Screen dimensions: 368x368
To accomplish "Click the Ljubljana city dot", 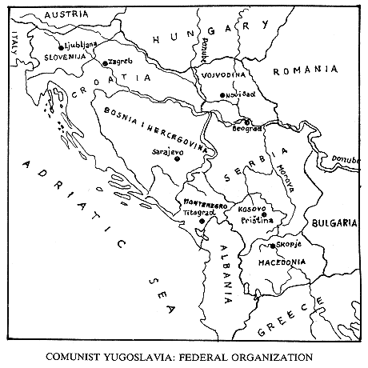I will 59,47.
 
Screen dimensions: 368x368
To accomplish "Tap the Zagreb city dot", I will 105,62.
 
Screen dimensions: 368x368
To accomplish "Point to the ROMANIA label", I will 304,71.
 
